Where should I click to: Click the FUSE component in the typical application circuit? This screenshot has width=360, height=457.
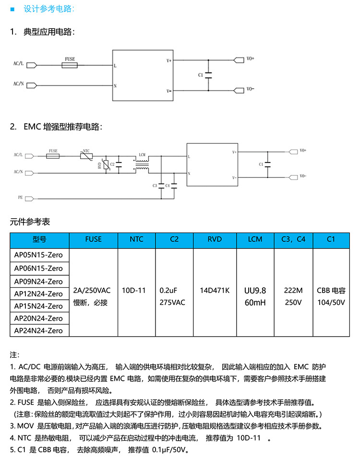tap(70, 64)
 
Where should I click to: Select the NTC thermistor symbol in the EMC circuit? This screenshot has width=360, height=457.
tap(86, 156)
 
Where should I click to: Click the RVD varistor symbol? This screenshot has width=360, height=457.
tap(105, 164)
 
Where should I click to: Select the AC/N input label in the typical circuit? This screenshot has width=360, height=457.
tap(19, 84)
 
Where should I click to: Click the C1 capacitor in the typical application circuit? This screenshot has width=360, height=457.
tap(208, 75)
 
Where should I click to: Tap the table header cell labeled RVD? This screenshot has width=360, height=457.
tap(215, 239)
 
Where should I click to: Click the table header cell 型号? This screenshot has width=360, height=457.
tap(39, 239)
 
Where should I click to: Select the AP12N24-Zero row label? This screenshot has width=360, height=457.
tap(38, 293)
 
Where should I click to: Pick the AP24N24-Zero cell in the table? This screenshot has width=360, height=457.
tap(38, 330)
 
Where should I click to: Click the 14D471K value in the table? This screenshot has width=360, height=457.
tap(215, 291)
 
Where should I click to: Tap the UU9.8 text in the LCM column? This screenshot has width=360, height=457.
tap(255, 291)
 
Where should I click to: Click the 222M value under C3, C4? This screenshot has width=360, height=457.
tap(293, 291)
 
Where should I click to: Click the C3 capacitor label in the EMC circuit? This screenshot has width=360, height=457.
tap(155, 185)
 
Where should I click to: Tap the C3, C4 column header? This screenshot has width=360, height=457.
tap(293, 239)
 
